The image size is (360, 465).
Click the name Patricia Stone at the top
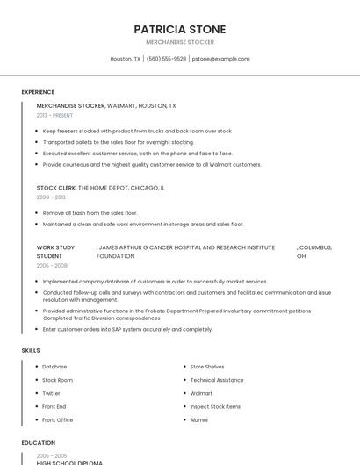[179, 29]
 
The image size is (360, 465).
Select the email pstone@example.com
[220, 59]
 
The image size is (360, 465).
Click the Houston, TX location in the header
[125, 59]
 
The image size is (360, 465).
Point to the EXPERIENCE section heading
[38, 92]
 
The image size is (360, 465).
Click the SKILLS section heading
[31, 350]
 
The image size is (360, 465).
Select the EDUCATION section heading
[38, 443]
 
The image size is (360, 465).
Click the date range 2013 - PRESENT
[54, 115]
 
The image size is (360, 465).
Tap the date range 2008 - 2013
[51, 197]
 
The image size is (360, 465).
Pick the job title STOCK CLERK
[56, 188]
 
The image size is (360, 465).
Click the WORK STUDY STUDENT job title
[55, 252]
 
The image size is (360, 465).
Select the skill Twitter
[52, 393]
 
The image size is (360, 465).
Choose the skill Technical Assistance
[217, 380]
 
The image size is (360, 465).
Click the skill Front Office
[57, 420]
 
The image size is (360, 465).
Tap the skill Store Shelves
[207, 367]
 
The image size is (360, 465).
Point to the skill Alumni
[199, 420]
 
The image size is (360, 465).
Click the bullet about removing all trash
[90, 213]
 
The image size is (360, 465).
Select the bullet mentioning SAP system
[127, 329]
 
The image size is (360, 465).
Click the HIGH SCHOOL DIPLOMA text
[69, 462]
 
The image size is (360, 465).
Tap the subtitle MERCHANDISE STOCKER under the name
[179, 42]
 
